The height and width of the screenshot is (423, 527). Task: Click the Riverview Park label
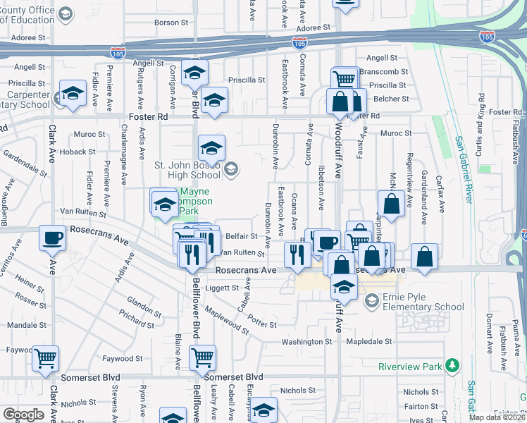pyautogui.click(x=409, y=367)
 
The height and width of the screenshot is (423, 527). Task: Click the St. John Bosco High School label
pyautogui.click(x=187, y=170)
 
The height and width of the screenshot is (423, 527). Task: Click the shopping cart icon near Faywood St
pyautogui.click(x=46, y=358)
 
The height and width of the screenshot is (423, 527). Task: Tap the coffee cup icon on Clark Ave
pyautogui.click(x=52, y=239)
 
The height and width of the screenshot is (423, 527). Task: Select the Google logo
pyautogui.click(x=23, y=415)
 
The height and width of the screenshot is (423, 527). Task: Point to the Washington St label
pyautogui.click(x=306, y=342)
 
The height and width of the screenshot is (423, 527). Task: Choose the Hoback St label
pyautogui.click(x=77, y=152)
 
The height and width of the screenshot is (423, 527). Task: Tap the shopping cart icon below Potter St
pyautogui.click(x=202, y=357)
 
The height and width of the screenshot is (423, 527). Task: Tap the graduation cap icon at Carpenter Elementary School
pyautogui.click(x=73, y=94)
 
